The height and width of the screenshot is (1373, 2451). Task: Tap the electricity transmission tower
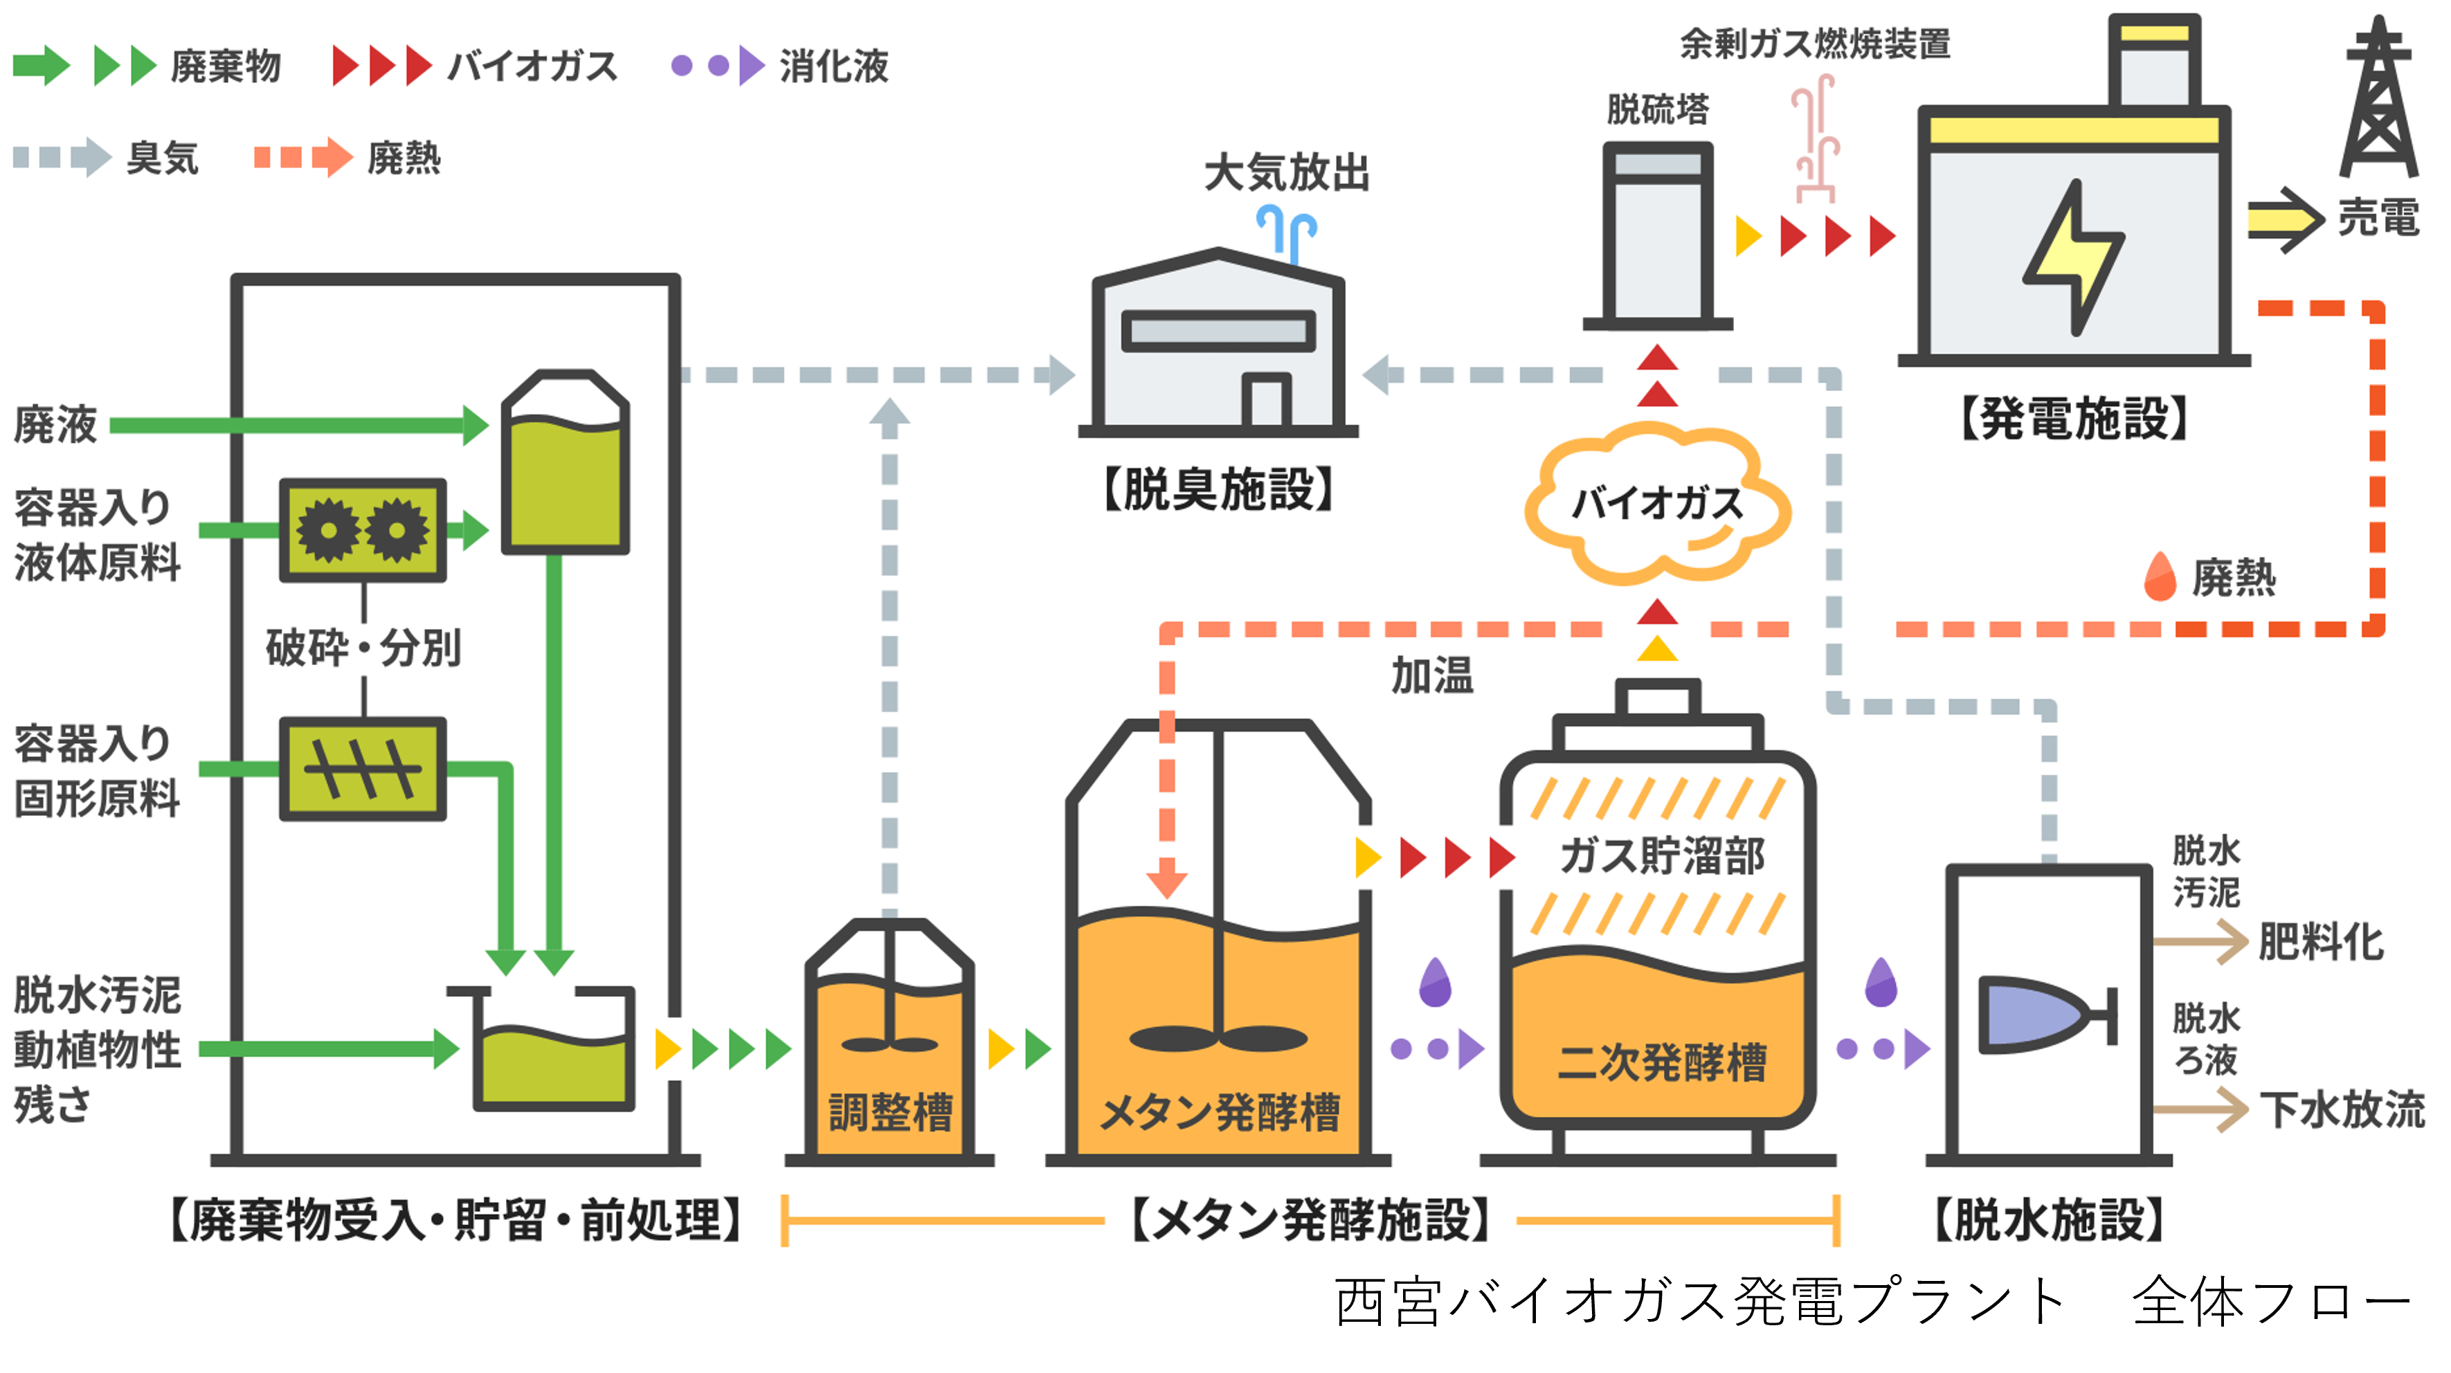tap(2379, 100)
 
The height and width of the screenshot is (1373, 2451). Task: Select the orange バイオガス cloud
tap(1658, 504)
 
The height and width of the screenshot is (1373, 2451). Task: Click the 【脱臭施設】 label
tap(1219, 489)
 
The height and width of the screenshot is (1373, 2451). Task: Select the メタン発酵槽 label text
tap(1220, 1111)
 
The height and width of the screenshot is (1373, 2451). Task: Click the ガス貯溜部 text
tap(1661, 855)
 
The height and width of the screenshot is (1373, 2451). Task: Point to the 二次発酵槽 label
tap(1661, 1061)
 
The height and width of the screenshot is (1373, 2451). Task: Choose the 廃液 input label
tap(55, 424)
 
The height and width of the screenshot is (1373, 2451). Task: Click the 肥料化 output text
tap(2322, 942)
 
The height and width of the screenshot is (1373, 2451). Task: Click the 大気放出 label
tap(1286, 173)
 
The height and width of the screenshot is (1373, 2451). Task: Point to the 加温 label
tap(1432, 675)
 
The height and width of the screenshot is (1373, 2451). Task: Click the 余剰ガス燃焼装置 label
tap(1814, 44)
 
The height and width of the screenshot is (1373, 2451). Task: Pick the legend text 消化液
tap(833, 66)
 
